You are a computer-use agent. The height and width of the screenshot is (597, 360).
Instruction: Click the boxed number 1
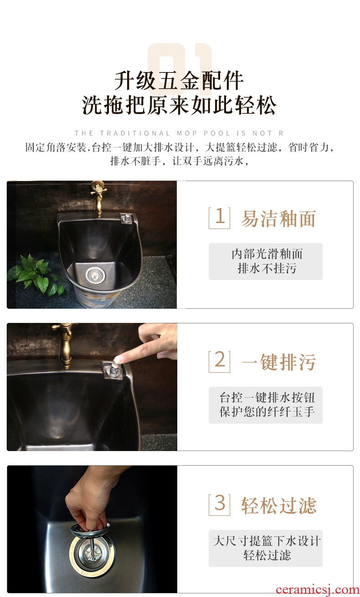click(x=219, y=218)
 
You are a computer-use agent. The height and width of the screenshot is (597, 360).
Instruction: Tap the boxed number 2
click(x=219, y=361)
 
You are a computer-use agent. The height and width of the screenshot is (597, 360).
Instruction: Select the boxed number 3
click(x=219, y=504)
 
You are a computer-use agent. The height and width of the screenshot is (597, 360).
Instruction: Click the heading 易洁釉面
click(x=278, y=219)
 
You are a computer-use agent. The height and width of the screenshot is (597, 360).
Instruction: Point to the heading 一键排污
click(x=279, y=362)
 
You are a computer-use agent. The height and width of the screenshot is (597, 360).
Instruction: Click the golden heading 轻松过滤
click(x=279, y=505)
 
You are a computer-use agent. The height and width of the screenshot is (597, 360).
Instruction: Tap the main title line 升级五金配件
click(x=179, y=80)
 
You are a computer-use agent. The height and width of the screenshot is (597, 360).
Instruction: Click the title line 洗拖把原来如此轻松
click(x=179, y=105)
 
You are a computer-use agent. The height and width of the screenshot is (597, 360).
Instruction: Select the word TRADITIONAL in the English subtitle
click(x=135, y=133)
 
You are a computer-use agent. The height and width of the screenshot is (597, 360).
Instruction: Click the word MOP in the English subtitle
click(x=187, y=133)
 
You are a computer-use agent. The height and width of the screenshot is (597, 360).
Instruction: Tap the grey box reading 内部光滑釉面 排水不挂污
click(x=266, y=261)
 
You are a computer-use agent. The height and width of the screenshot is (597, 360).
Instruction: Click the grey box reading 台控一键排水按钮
click(x=266, y=405)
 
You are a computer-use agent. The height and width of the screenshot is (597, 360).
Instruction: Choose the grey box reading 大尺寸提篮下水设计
click(x=266, y=548)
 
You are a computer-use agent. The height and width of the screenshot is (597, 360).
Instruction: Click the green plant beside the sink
click(x=36, y=275)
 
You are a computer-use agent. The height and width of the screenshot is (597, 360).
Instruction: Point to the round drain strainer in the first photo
click(x=95, y=275)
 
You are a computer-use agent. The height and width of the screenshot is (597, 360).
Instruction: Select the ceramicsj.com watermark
click(x=318, y=590)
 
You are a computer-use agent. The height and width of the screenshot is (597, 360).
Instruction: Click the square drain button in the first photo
click(x=127, y=218)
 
